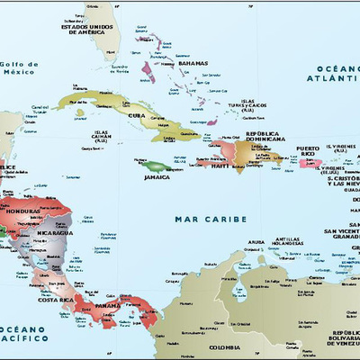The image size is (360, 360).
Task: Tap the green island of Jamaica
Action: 152,166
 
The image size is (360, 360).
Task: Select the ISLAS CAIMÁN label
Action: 107,136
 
